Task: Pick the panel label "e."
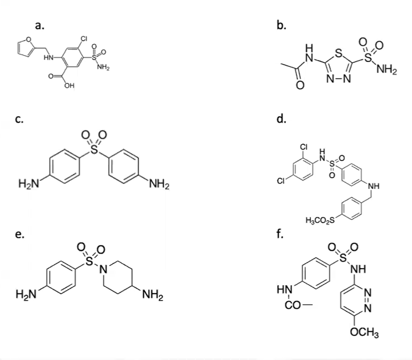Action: (x=19, y=233)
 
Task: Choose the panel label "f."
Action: (x=279, y=233)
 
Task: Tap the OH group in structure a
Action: (x=69, y=86)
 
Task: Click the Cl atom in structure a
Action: (x=84, y=39)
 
